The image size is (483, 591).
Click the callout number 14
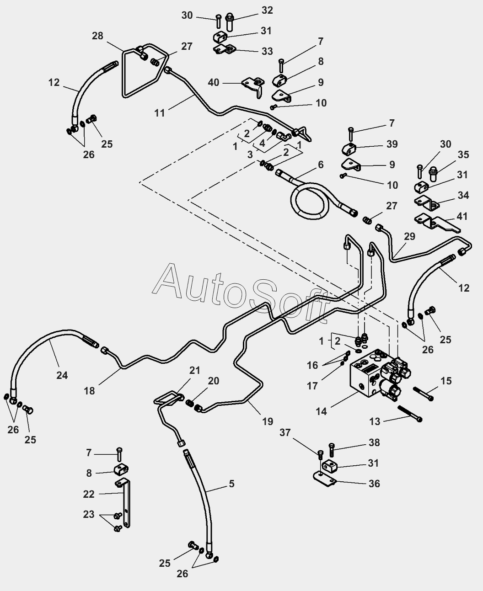(322, 411)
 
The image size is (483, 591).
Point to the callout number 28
(97, 36)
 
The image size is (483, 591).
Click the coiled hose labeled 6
(311, 198)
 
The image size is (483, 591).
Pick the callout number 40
(214, 83)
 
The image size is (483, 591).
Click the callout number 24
(62, 375)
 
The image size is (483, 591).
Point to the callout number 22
(89, 494)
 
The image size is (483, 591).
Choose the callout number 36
(375, 484)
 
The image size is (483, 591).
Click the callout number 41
(462, 216)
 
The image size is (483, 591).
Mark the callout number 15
(446, 381)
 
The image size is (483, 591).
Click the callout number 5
(231, 484)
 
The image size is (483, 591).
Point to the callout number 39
(392, 144)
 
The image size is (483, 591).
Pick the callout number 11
(160, 113)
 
